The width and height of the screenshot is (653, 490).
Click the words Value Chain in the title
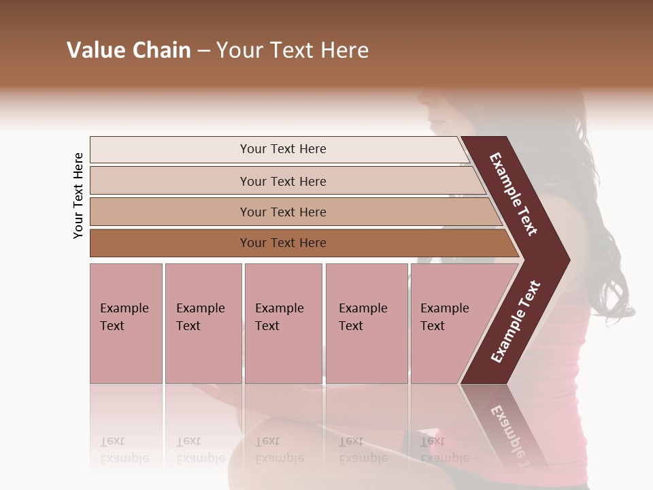click(x=129, y=50)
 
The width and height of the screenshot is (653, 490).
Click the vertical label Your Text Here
click(x=78, y=195)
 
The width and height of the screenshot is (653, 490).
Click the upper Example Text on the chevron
click(x=514, y=194)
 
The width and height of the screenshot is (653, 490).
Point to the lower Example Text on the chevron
click(x=515, y=322)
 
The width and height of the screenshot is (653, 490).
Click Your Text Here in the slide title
click(x=292, y=50)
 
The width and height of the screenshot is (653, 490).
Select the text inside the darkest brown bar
click(x=283, y=243)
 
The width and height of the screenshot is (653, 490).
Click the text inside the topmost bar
click(x=283, y=149)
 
